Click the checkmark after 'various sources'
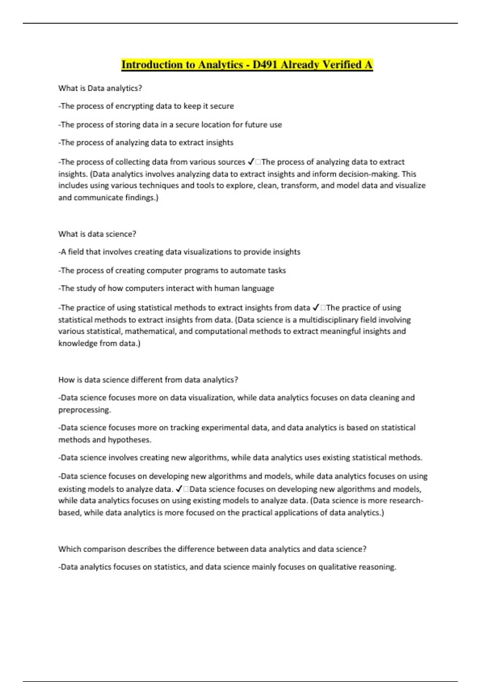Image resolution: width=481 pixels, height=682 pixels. [x=251, y=162]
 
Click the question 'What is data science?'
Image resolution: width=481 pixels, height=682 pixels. [x=97, y=234]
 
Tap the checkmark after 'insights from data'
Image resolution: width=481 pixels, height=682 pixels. [x=315, y=308]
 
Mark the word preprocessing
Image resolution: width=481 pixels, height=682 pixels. [x=84, y=410]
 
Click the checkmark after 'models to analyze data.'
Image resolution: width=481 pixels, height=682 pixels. [x=179, y=489]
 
